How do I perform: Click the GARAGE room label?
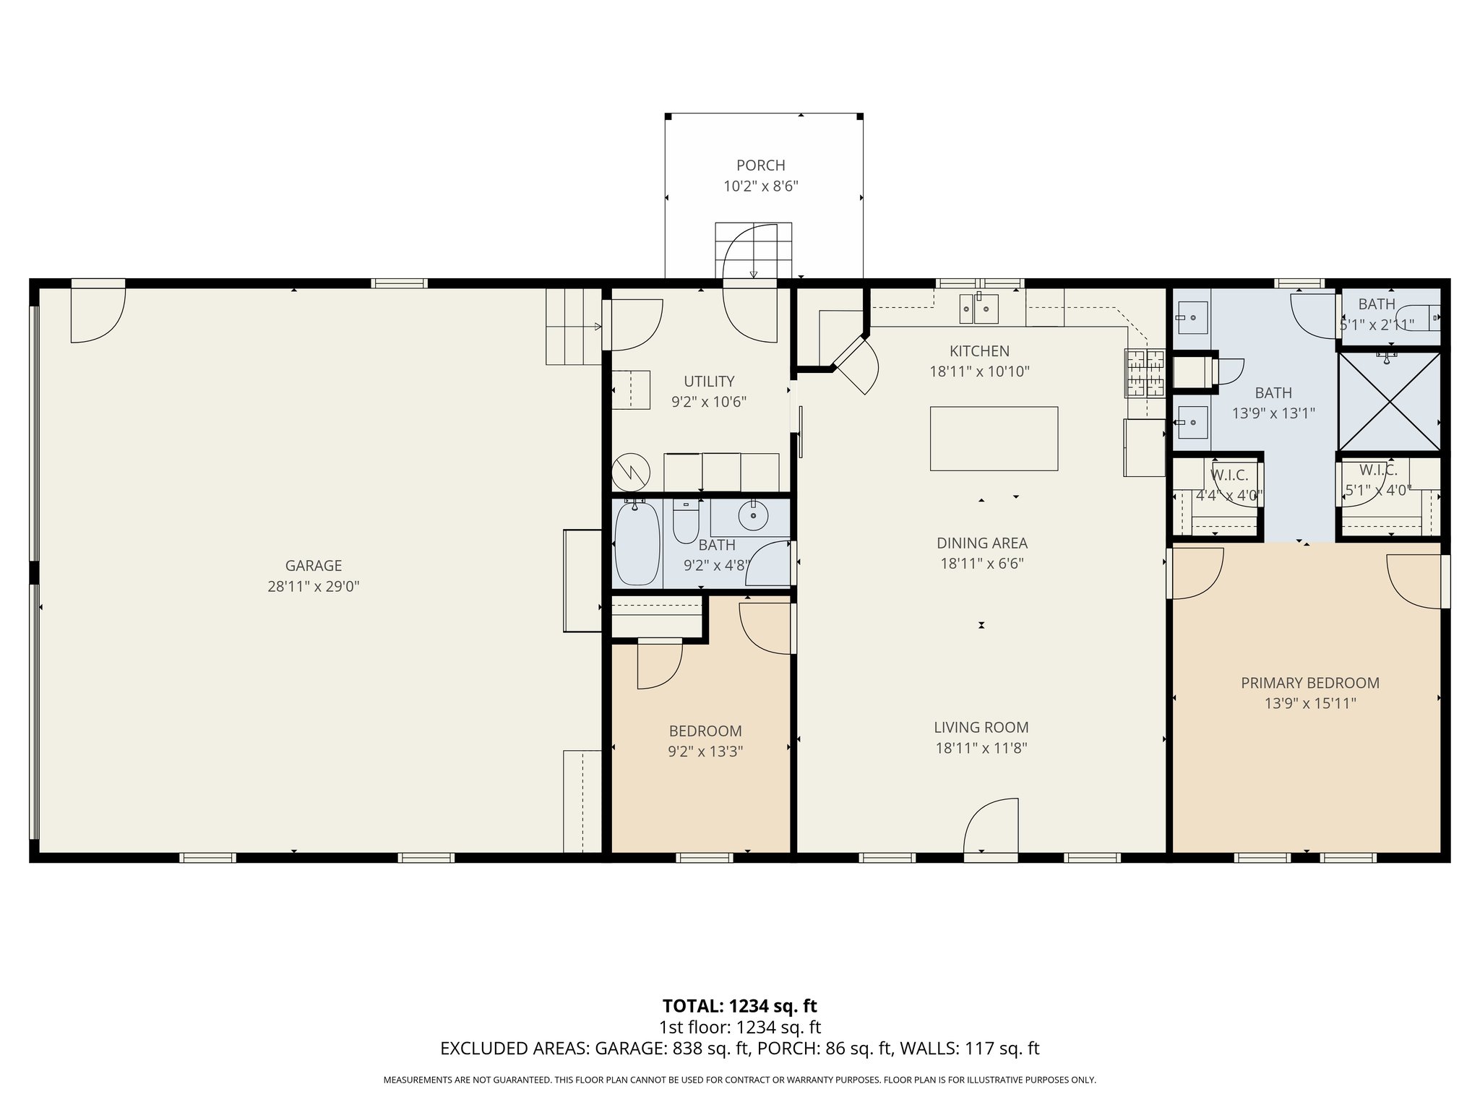pos(313,566)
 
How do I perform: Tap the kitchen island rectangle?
pos(994,439)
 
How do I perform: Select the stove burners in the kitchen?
pos(1145,373)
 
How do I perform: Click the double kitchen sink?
pos(979,309)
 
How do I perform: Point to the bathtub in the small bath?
pos(637,543)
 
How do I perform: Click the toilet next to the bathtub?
pos(686,521)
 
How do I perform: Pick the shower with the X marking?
pos(1389,401)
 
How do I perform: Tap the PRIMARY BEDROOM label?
pos(1309,683)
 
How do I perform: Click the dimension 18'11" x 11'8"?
pos(981,748)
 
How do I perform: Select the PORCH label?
pos(760,165)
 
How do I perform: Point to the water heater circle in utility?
pos(631,473)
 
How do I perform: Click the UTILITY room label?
pos(709,381)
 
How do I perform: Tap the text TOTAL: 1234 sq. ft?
pos(739,1006)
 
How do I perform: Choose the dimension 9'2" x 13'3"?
pos(705,752)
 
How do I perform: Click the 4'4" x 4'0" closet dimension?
pos(1229,496)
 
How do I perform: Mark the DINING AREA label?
pos(981,543)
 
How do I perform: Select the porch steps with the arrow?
pos(754,251)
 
